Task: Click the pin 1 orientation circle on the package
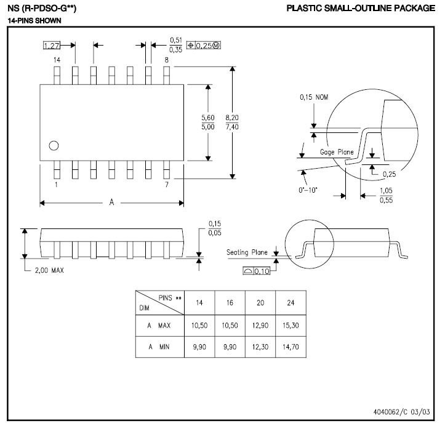pos(54,146)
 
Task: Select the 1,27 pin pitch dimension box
pos(52,45)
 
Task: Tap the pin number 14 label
pos(57,60)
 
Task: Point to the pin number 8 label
pos(167,60)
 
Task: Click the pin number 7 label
pos(167,185)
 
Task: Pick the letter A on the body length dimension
pos(111,202)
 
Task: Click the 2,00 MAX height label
pos(49,270)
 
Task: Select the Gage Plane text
pos(337,152)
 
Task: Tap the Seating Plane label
pos(247,252)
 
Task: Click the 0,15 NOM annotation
pos(314,97)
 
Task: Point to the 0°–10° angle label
pos(308,190)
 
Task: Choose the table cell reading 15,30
pos(291,325)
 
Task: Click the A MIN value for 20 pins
pos(260,347)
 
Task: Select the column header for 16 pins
pos(230,303)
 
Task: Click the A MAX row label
pos(159,325)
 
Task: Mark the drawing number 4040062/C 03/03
pos(401,412)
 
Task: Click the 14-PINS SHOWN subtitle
pos(34,21)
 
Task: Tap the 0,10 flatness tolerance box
pos(257,271)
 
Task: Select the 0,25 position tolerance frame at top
pos(204,45)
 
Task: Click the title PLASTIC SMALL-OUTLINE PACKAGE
pos(361,8)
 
